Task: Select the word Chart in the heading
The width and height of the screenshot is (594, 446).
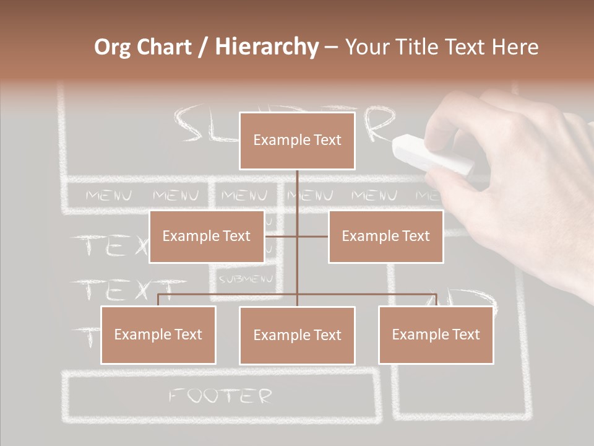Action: coord(165,47)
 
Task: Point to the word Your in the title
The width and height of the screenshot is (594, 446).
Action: coord(367,47)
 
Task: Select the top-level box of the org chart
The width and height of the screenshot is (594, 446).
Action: coord(297,141)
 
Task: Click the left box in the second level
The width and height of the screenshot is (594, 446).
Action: coord(207,236)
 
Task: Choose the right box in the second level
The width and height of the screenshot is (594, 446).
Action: coord(385,236)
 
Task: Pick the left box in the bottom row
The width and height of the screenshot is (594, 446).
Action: coord(158,334)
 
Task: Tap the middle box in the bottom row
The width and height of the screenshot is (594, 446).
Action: coord(297,335)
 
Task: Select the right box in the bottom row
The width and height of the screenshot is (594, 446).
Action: coord(436,334)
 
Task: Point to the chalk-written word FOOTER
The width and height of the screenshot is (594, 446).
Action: coord(220,395)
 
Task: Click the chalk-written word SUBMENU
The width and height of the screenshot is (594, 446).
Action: coord(246,279)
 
